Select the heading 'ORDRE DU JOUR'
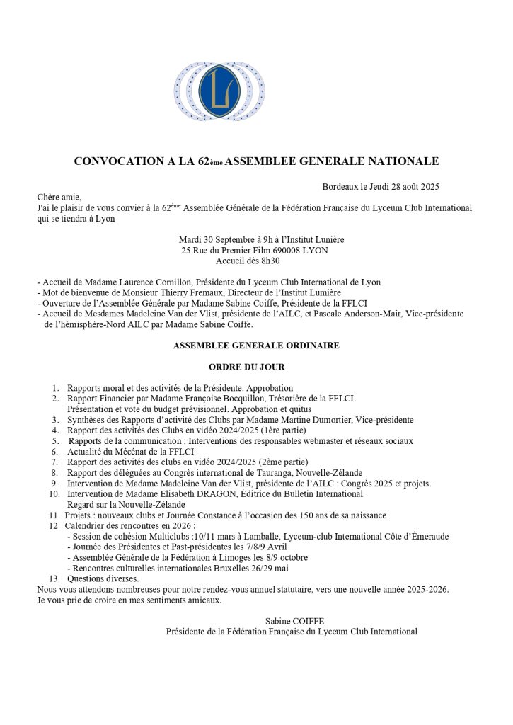(x=246, y=367)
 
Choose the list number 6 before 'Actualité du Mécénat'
(x=54, y=452)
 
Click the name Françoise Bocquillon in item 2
(x=206, y=399)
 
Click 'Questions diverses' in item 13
(x=101, y=578)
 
